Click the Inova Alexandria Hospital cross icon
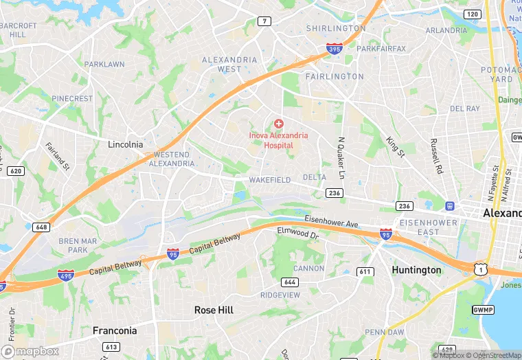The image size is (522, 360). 278,124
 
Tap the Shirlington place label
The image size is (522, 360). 336,29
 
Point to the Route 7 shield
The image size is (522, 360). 265,21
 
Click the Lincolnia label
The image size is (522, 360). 126,145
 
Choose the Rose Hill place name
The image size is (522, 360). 214,311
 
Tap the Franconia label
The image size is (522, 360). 115,331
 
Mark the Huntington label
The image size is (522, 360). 416,270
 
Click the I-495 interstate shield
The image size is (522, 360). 66,275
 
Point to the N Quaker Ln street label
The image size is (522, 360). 340,157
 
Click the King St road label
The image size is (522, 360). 395,145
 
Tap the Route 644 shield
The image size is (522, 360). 289,282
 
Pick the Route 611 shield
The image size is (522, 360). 365,272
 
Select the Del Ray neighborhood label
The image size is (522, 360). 465,109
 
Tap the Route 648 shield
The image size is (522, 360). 41,227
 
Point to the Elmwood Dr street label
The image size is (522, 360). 299,234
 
